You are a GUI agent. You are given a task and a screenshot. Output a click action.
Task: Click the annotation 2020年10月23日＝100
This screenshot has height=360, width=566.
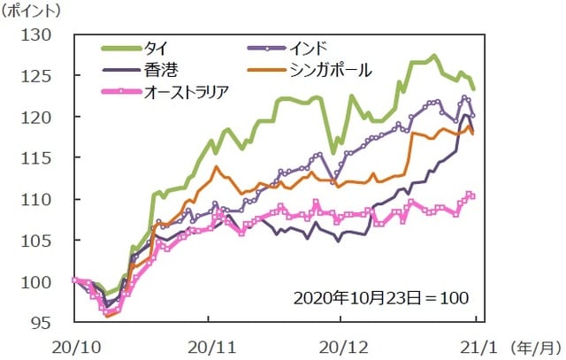coord(383,296)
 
